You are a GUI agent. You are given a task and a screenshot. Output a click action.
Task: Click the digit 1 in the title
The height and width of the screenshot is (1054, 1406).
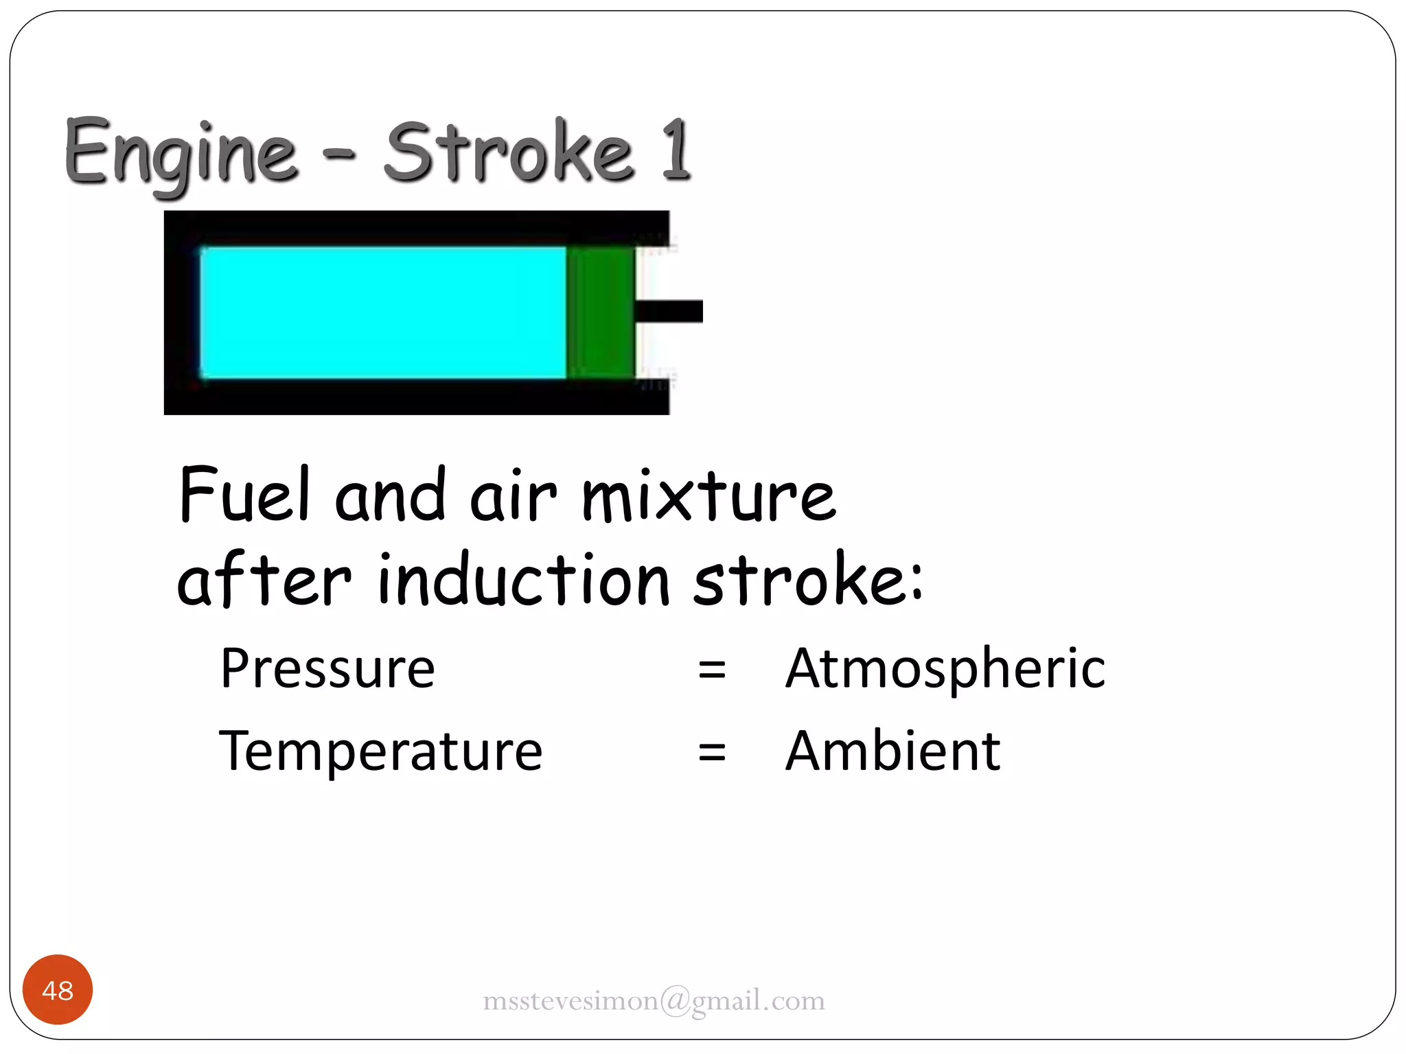(676, 150)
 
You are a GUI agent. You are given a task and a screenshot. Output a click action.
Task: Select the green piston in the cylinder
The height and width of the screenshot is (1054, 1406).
(600, 312)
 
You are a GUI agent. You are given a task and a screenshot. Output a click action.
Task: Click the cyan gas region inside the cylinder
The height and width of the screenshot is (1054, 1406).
(382, 312)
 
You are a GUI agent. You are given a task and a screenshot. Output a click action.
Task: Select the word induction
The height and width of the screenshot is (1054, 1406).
(524, 580)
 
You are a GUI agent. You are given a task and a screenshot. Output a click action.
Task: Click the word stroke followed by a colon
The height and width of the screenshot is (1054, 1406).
(807, 580)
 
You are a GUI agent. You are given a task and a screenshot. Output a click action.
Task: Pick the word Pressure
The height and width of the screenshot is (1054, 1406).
(327, 668)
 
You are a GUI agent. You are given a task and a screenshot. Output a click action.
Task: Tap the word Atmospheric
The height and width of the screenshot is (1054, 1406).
(945, 670)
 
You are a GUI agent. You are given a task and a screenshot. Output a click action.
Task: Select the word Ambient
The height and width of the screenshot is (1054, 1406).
(892, 751)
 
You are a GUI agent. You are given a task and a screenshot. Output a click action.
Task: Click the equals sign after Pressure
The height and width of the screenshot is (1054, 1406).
(712, 670)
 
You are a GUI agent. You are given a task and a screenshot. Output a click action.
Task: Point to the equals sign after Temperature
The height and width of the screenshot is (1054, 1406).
(712, 752)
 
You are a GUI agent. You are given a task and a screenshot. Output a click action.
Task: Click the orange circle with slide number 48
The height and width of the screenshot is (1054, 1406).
(58, 989)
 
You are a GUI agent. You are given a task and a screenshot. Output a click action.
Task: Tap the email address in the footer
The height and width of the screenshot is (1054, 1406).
(654, 1001)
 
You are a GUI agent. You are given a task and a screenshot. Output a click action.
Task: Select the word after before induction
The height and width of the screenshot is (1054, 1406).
(264, 580)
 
